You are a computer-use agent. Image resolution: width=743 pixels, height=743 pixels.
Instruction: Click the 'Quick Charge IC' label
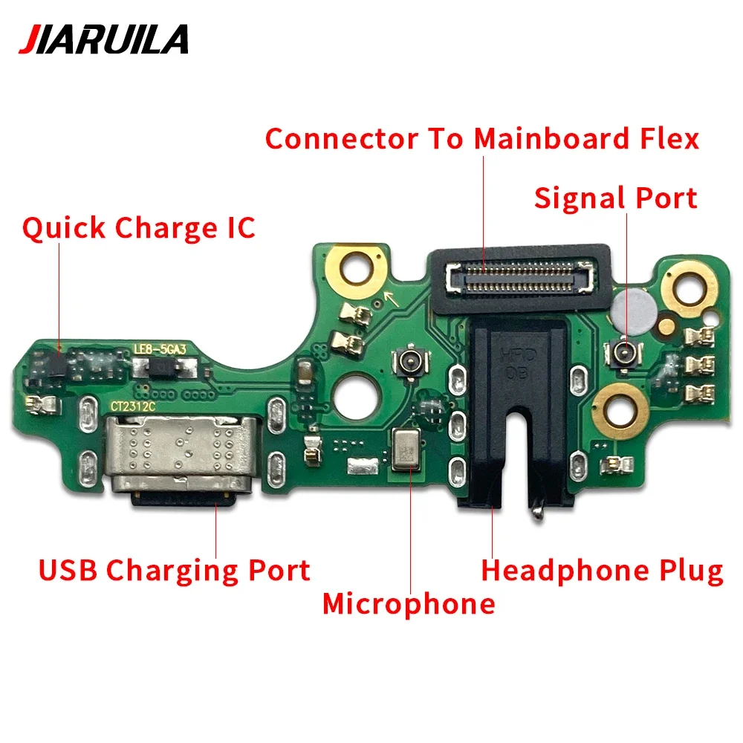click(x=138, y=227)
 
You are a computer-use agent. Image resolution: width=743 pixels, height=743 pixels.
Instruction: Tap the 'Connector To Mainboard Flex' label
click(x=482, y=138)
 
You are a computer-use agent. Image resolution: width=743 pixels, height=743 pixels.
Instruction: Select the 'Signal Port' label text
click(x=616, y=198)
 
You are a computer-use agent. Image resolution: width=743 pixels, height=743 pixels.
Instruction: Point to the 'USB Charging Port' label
click(x=175, y=571)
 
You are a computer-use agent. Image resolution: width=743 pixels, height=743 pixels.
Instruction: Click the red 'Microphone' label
click(x=409, y=603)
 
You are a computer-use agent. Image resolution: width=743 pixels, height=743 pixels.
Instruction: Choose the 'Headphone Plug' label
click(x=602, y=571)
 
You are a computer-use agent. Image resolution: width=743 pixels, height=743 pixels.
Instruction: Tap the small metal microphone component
click(x=406, y=452)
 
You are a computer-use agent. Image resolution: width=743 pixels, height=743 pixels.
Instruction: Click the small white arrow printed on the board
click(x=388, y=299)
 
